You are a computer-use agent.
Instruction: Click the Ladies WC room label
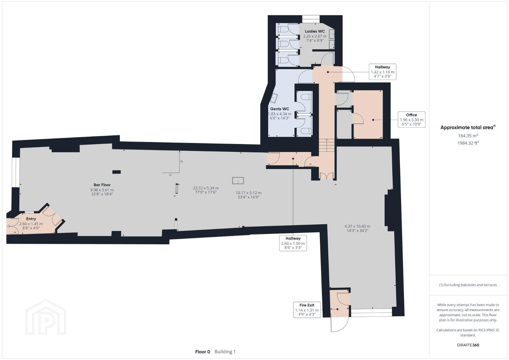[315, 31]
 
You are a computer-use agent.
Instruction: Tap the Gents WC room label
[280, 109]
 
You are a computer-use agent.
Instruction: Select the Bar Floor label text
[102, 185]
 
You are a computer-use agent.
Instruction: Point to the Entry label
[31, 219]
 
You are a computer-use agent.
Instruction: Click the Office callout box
[412, 119]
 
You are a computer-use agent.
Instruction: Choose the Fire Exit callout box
[307, 310]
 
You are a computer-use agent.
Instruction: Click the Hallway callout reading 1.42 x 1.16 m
[383, 72]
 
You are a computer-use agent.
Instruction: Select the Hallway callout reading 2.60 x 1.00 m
[293, 243]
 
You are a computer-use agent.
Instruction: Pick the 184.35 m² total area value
[468, 136]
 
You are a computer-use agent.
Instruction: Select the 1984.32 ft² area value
[468, 143]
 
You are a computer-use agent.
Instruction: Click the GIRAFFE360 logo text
[468, 345]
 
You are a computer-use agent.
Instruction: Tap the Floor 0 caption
[202, 352]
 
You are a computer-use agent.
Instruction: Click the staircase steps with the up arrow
[327, 145]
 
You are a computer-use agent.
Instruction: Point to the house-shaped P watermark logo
[46, 317]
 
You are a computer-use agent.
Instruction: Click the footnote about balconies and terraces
[468, 285]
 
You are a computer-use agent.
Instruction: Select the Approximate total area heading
[468, 127]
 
